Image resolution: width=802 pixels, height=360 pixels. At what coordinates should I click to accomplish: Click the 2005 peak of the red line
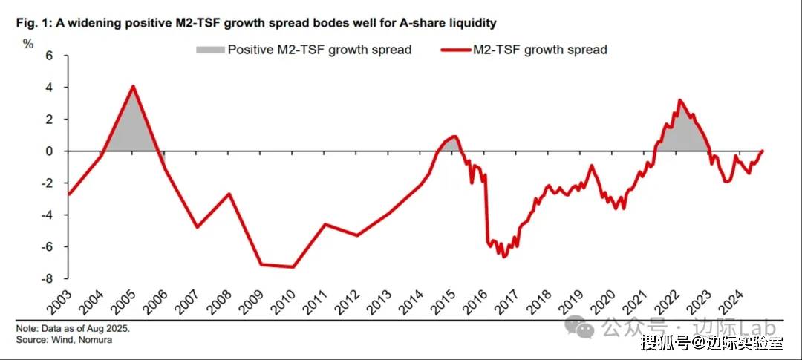pyautogui.click(x=133, y=86)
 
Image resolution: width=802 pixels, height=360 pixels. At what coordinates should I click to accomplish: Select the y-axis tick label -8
pyautogui.click(x=48, y=279)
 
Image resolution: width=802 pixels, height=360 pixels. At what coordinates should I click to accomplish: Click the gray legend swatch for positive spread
pyautogui.click(x=209, y=50)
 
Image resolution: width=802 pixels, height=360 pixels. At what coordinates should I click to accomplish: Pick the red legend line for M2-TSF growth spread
pyautogui.click(x=454, y=50)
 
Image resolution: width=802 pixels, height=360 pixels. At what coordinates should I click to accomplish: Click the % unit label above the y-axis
pyautogui.click(x=28, y=43)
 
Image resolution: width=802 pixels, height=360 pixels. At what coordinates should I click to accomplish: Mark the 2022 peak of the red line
pyautogui.click(x=679, y=100)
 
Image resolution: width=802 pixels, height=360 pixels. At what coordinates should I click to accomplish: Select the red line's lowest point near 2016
pyautogui.click(x=503, y=257)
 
